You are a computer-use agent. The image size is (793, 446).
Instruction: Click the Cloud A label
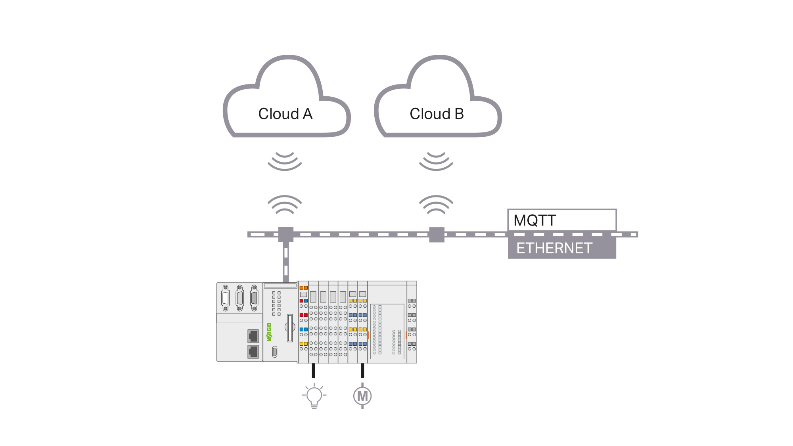pos(285,114)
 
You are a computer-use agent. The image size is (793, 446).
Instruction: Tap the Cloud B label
pos(437,114)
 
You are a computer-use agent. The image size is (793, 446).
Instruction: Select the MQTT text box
pos(562,220)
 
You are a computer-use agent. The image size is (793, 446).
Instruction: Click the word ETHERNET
pos(554,248)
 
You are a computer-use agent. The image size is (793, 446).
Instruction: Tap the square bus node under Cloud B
pos(437,234)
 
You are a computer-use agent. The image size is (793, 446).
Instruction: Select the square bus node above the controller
pos(286,234)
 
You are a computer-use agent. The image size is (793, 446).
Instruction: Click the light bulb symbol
pos(314,396)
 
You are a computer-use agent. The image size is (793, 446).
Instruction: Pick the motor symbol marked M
pos(362,396)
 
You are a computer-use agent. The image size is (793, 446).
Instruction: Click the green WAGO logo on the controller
pos(269,332)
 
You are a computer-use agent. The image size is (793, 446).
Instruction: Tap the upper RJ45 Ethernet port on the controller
pos(253,336)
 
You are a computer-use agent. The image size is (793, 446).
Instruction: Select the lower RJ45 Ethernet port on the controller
pos(253,351)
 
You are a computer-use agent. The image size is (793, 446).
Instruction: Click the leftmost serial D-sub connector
pos(226,298)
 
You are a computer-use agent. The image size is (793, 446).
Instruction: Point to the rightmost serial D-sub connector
pos(254,298)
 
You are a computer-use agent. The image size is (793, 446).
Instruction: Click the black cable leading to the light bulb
pos(314,370)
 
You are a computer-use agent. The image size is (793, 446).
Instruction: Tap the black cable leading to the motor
pos(362,370)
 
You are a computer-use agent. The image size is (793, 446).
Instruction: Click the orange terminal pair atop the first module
pos(304,288)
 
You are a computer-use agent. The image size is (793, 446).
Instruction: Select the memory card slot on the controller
pos(290,327)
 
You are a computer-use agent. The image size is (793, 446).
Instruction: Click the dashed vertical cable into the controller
pos(286,262)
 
